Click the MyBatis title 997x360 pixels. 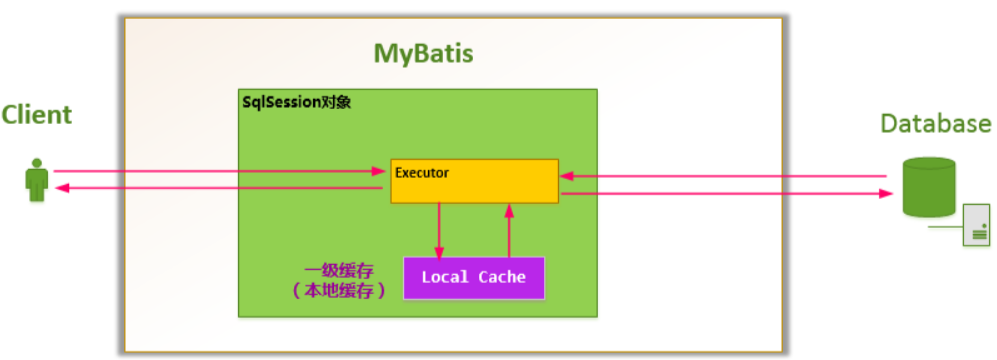[x=423, y=54]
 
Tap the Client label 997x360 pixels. [x=37, y=115]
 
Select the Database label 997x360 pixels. [x=936, y=123]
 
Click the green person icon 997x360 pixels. [x=37, y=180]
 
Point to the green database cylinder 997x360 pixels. [x=929, y=187]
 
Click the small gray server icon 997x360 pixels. [x=976, y=225]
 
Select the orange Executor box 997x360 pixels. [x=474, y=181]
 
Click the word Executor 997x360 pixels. [x=422, y=172]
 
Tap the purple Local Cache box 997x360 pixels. [x=474, y=277]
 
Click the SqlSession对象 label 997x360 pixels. [x=296, y=102]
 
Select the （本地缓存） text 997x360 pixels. [x=338, y=291]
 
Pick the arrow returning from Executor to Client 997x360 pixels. [x=219, y=188]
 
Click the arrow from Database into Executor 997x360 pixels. [x=724, y=176]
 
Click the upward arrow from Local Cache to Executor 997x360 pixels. [x=508, y=229]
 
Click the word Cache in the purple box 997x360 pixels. [x=502, y=277]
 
